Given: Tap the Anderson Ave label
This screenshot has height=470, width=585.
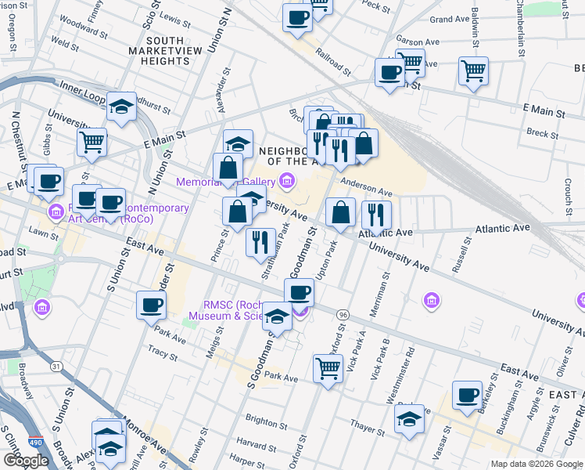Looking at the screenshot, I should click(365, 189).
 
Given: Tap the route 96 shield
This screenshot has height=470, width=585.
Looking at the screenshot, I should click(343, 314).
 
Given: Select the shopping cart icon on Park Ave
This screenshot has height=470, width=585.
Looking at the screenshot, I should click(328, 367).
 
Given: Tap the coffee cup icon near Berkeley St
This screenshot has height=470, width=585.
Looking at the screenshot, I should click(468, 396).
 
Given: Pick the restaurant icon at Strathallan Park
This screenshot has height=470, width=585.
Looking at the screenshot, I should click(260, 241).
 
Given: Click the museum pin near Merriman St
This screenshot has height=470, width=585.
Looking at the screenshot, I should click(430, 300).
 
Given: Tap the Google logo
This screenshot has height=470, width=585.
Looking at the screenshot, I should click(26, 461).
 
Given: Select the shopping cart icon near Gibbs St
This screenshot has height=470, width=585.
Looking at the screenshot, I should click(92, 143).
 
